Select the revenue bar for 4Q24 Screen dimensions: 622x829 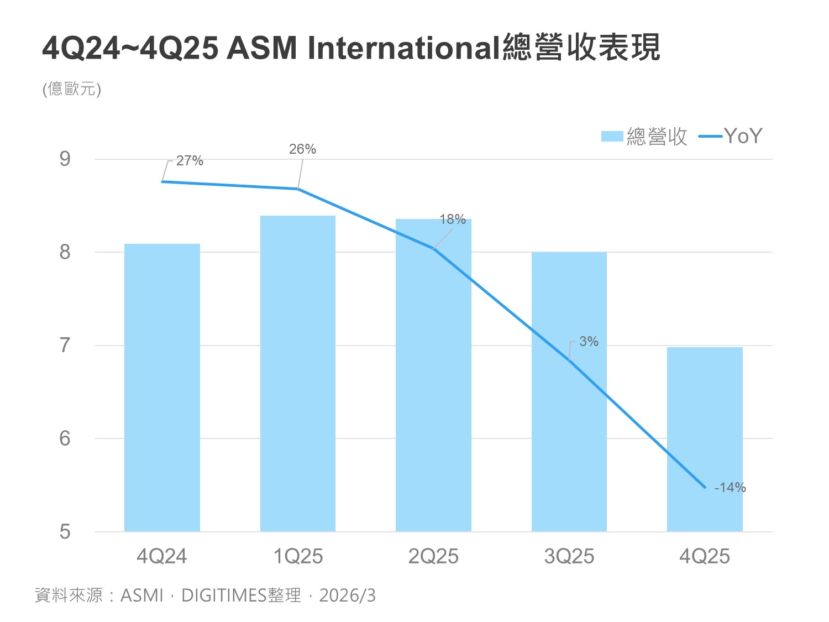[162, 387]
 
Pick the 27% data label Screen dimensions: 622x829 [190, 161]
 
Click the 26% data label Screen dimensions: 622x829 [302, 149]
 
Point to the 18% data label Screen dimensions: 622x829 [453, 219]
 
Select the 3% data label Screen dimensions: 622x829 [589, 342]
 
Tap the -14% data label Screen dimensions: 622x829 [730, 488]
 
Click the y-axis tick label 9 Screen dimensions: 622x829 [65, 159]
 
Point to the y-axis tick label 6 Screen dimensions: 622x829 [65, 438]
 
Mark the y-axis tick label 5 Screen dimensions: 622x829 [65, 532]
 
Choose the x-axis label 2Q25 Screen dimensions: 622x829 [433, 556]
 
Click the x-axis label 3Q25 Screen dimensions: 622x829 [569, 556]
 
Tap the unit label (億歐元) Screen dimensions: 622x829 [72, 89]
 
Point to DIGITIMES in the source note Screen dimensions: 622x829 [224, 595]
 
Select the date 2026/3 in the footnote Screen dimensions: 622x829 [347, 595]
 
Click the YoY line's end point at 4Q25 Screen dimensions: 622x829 [705, 487]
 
